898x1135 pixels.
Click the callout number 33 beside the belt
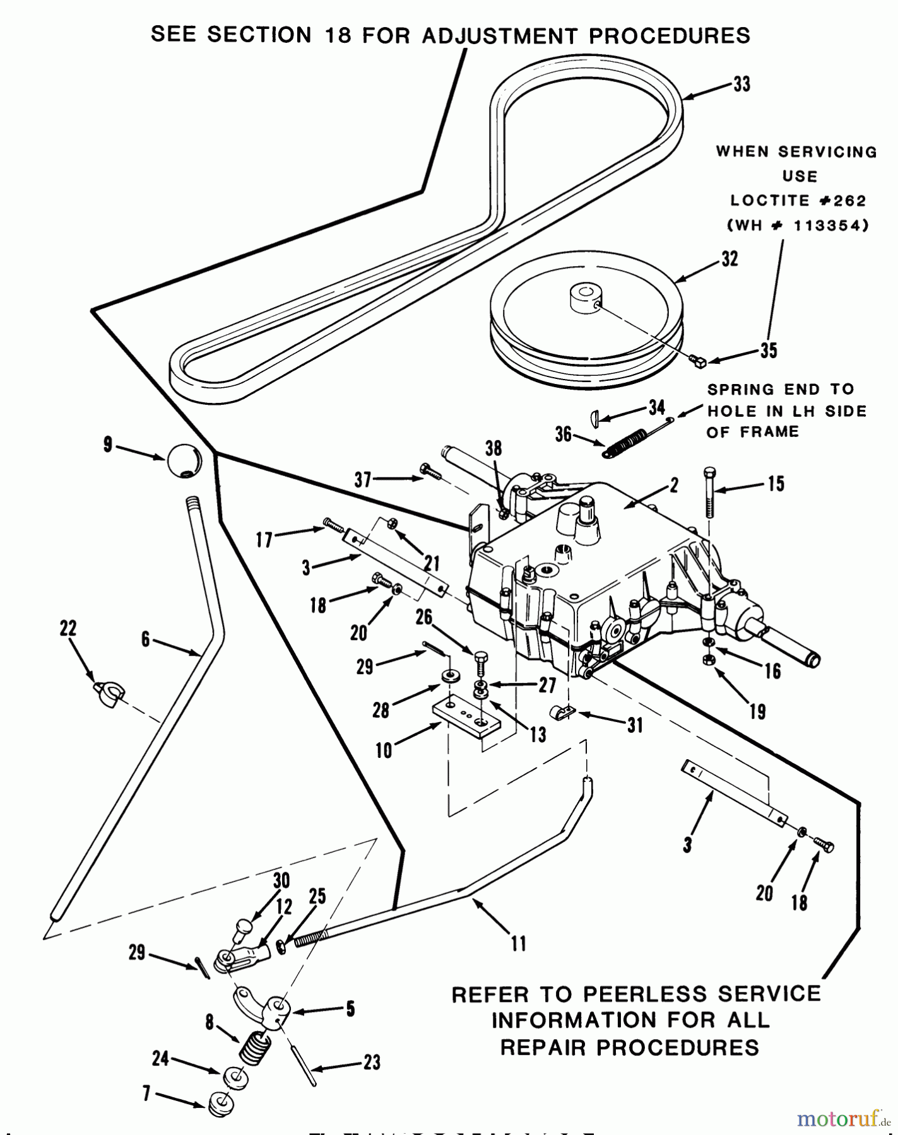[741, 84]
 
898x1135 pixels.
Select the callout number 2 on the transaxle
[674, 484]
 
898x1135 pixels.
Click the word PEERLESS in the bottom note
[637, 994]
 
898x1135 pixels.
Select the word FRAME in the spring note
[768, 432]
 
